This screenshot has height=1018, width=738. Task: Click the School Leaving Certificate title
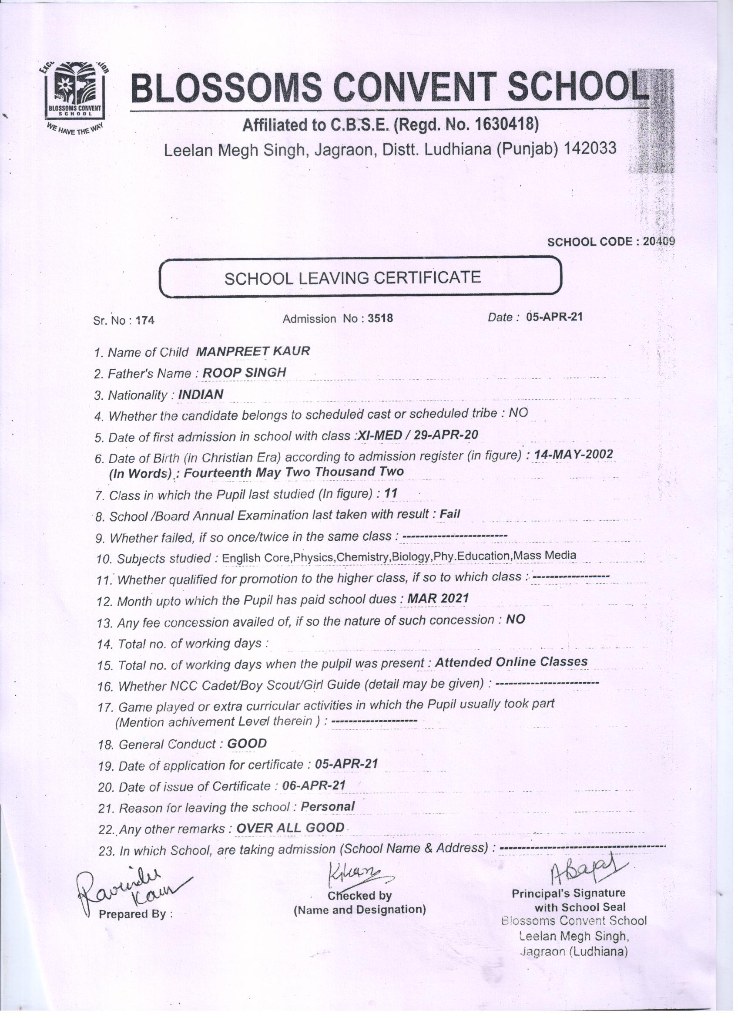352,277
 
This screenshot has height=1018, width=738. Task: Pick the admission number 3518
380,318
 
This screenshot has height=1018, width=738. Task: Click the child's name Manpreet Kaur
252,351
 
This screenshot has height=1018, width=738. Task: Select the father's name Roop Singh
244,372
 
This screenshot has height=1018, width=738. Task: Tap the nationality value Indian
201,394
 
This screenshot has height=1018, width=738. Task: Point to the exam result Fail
450,514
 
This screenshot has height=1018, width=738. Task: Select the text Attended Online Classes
511,661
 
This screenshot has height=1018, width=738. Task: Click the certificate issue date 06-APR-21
314,785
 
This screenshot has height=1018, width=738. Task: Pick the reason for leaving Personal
328,806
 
